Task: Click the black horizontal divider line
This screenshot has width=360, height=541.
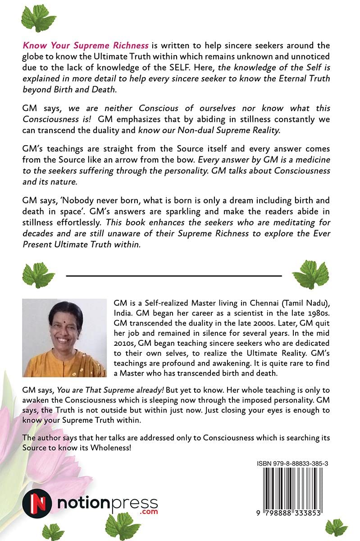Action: click(174, 275)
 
